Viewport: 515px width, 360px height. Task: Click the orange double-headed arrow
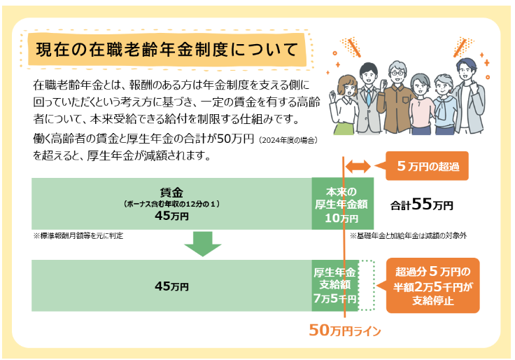357,166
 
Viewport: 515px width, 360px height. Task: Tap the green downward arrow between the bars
202,244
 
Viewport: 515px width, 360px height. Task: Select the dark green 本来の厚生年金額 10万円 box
342,204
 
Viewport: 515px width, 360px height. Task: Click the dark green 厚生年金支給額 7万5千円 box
335,285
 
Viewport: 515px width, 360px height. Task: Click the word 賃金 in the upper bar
171,192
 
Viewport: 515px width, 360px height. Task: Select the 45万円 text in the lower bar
171,286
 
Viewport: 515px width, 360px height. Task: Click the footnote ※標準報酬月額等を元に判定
78,235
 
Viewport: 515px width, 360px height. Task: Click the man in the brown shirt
397,98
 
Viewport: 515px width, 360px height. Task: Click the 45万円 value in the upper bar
171,216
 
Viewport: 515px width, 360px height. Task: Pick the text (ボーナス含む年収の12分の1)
171,204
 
